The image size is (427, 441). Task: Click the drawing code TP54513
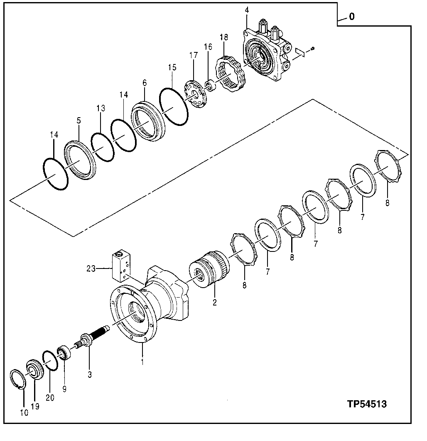point(367,404)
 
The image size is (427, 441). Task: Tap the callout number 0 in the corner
point(351,17)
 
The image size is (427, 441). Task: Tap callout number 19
point(35,407)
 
